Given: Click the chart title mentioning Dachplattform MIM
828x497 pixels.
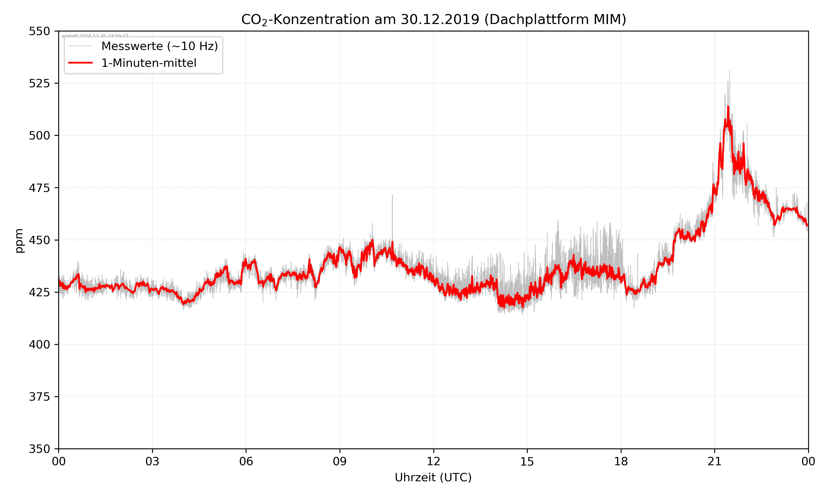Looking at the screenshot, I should click(433, 19).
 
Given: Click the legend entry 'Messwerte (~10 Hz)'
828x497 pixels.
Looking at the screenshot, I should click(159, 46).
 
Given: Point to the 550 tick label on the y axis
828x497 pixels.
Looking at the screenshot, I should click(39, 31).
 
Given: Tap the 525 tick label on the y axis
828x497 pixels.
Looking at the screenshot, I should click(39, 83).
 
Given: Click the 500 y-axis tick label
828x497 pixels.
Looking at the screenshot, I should click(39, 136).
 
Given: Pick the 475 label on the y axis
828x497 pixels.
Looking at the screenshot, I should click(39, 188).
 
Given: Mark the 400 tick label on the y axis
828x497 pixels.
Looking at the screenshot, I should click(39, 345).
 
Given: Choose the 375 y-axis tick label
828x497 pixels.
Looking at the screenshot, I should click(39, 397).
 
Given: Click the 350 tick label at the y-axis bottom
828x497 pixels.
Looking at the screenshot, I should click(39, 449).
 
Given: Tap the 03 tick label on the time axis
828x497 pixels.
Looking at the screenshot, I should click(152, 461).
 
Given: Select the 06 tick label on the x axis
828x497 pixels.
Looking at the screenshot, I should click(246, 461).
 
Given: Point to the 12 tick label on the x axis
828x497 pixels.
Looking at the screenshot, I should click(433, 461).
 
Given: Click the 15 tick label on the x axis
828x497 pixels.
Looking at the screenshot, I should click(527, 461).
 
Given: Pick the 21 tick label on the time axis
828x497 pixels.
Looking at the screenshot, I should click(715, 461).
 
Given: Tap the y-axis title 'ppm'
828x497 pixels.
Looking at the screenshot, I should click(19, 240).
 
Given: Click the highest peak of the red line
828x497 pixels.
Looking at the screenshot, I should click(728, 107).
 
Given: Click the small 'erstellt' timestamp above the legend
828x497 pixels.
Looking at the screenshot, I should click(95, 36).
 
